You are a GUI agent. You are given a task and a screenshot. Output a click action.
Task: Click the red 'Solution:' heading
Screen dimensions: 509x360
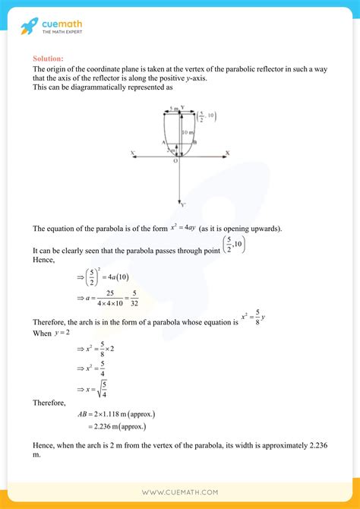48,58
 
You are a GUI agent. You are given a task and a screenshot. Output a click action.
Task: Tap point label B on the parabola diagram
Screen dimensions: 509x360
195,142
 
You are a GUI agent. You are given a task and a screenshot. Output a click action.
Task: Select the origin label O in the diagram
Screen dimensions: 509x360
175,160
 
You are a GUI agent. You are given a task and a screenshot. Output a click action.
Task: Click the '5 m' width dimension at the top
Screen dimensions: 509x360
173,108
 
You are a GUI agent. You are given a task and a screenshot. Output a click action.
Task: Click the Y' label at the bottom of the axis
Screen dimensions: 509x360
182,204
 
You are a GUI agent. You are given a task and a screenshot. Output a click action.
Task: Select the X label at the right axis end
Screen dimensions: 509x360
226,153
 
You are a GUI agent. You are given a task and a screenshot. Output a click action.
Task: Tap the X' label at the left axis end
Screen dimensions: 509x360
133,153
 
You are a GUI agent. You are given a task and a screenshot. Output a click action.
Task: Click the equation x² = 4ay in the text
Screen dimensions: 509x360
183,228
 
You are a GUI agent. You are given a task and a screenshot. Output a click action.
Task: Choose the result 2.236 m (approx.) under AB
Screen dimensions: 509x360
111,427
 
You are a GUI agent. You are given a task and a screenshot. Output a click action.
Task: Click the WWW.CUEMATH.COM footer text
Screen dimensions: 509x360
180,492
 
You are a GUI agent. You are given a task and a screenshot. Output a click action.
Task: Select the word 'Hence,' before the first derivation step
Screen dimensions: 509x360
44,260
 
